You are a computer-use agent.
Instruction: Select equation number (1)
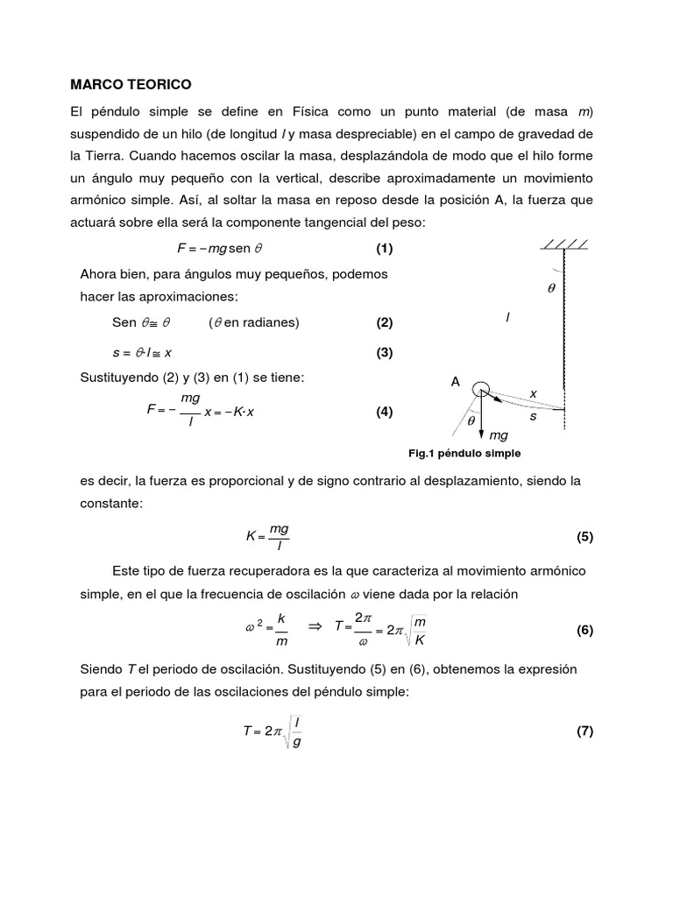(x=384, y=248)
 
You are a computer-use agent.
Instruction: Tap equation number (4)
(x=384, y=412)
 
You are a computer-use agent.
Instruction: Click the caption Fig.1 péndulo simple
(x=464, y=453)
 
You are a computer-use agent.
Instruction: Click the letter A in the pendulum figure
(x=455, y=382)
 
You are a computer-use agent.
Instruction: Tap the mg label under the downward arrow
(x=499, y=435)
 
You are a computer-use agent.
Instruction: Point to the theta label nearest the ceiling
(x=551, y=287)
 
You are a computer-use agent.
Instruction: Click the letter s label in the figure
(x=533, y=417)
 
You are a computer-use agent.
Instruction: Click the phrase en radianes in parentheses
(x=261, y=321)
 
